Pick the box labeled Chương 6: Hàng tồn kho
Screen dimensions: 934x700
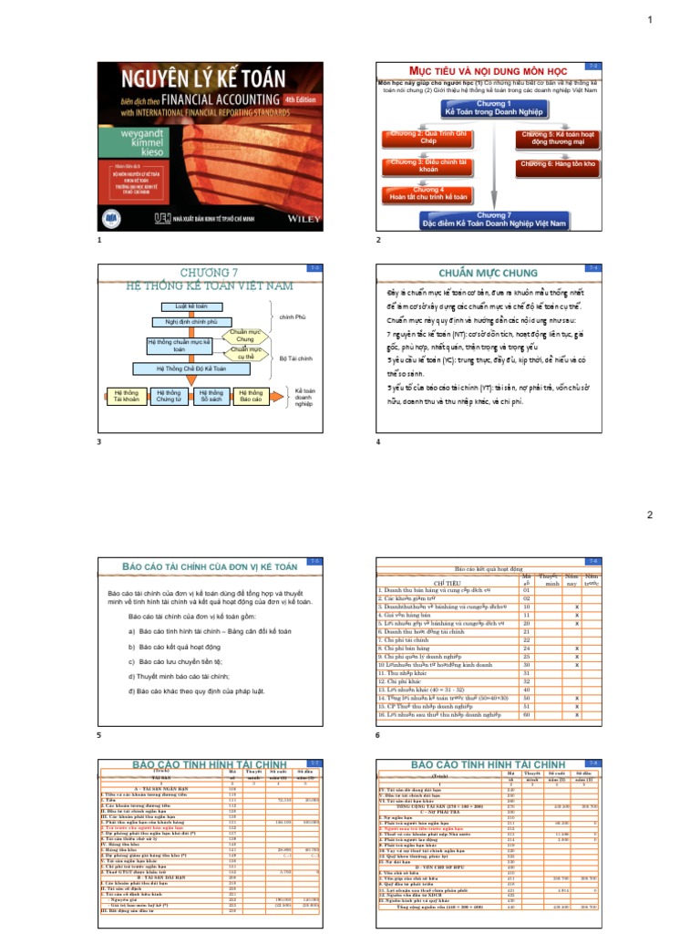coord(558,163)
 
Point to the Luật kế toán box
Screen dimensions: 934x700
coord(186,306)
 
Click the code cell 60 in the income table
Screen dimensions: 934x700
coord(526,715)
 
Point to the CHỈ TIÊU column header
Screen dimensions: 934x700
coord(448,581)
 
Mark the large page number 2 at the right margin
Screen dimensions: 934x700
coord(649,515)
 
